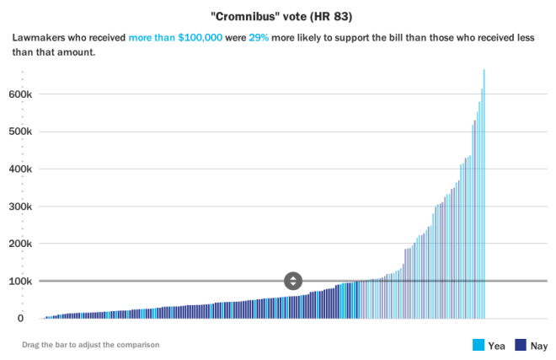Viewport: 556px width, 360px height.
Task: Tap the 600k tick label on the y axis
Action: tap(19, 94)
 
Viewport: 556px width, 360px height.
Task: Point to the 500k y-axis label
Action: tap(19, 132)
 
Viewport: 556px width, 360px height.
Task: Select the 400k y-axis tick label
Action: tap(19, 169)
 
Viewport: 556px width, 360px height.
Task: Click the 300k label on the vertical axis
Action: tap(19, 207)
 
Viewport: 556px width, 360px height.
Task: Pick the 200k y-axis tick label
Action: tap(19, 244)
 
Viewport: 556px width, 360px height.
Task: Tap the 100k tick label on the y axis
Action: tap(19, 281)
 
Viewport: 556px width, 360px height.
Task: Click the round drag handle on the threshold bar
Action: tap(293, 281)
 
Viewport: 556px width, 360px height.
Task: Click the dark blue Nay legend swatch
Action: tap(521, 344)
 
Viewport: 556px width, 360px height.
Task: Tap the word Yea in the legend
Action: tap(497, 345)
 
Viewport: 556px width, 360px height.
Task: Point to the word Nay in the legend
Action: tap(538, 345)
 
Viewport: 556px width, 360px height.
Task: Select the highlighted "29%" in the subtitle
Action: tap(259, 39)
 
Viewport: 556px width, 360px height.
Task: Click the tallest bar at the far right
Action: tap(484, 194)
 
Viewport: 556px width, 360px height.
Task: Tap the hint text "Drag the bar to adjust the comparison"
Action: tap(91, 344)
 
